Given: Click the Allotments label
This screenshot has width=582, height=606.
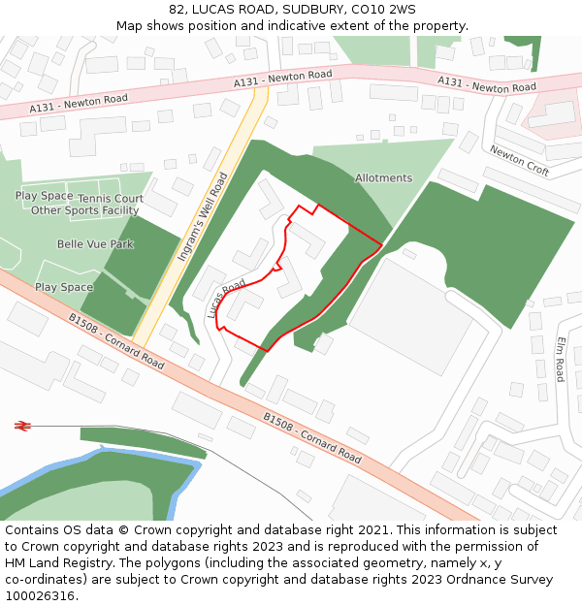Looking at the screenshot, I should [383, 178].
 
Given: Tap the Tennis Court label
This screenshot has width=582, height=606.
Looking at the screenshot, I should [111, 199].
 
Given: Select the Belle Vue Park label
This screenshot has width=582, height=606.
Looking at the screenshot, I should [95, 244].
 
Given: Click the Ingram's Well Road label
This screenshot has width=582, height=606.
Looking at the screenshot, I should [203, 217].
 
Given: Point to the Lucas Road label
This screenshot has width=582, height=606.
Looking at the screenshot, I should [226, 300].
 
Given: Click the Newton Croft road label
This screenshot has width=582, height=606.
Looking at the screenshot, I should [519, 161].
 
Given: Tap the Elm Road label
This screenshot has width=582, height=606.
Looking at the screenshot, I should [561, 359].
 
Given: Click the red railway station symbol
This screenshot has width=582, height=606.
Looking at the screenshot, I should [23, 425].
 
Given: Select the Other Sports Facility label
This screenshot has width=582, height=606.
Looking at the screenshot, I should [85, 210].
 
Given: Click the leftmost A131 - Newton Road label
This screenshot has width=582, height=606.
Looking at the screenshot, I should [79, 101].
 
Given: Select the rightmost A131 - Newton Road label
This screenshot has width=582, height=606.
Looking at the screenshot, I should [486, 84].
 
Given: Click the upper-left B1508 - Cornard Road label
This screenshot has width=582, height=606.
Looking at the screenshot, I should [116, 340].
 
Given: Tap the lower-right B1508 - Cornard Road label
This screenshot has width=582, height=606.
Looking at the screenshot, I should [312, 437].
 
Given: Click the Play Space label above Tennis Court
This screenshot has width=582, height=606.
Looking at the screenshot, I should [44, 196].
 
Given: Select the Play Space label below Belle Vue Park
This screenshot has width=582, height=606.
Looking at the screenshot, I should [64, 287].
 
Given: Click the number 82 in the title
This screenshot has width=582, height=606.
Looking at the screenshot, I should [177, 10].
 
